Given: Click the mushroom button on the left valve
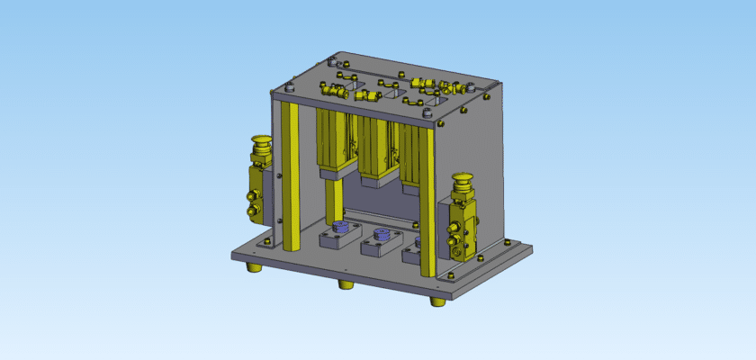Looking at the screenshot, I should tap(261, 140).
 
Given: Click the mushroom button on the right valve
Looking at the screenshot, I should tap(464, 180).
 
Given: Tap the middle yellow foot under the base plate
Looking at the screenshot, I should tap(346, 284).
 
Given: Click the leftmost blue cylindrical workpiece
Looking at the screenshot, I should tap(340, 228).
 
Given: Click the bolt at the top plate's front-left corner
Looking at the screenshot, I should tap(290, 89).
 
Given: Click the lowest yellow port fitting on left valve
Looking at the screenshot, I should tap(253, 212).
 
